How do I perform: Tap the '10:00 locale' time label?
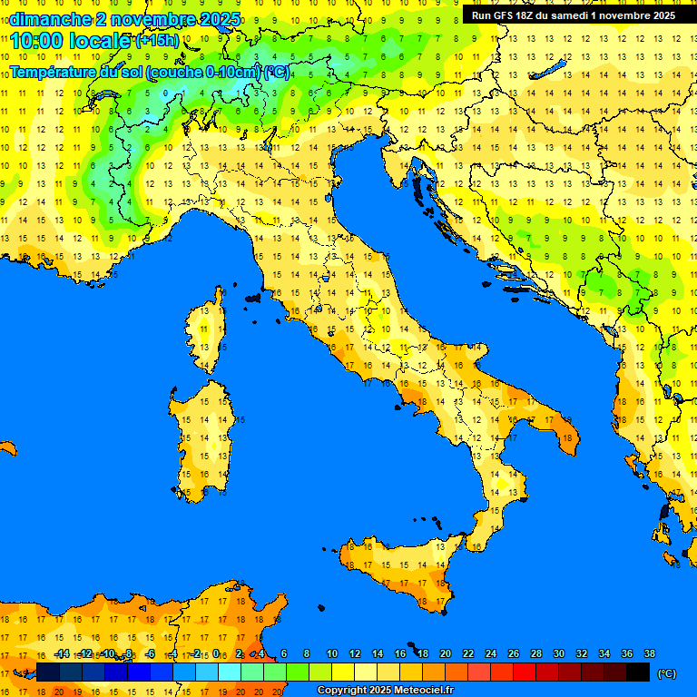tap(71, 41)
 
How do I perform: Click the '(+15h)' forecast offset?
tap(157, 41)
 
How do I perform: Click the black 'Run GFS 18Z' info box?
tap(574, 15)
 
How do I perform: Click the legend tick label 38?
tap(649, 654)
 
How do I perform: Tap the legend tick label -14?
tap(62, 654)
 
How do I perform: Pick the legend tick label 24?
tap(491, 654)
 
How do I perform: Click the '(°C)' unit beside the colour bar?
tap(666, 673)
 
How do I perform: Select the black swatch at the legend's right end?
tap(638, 672)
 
